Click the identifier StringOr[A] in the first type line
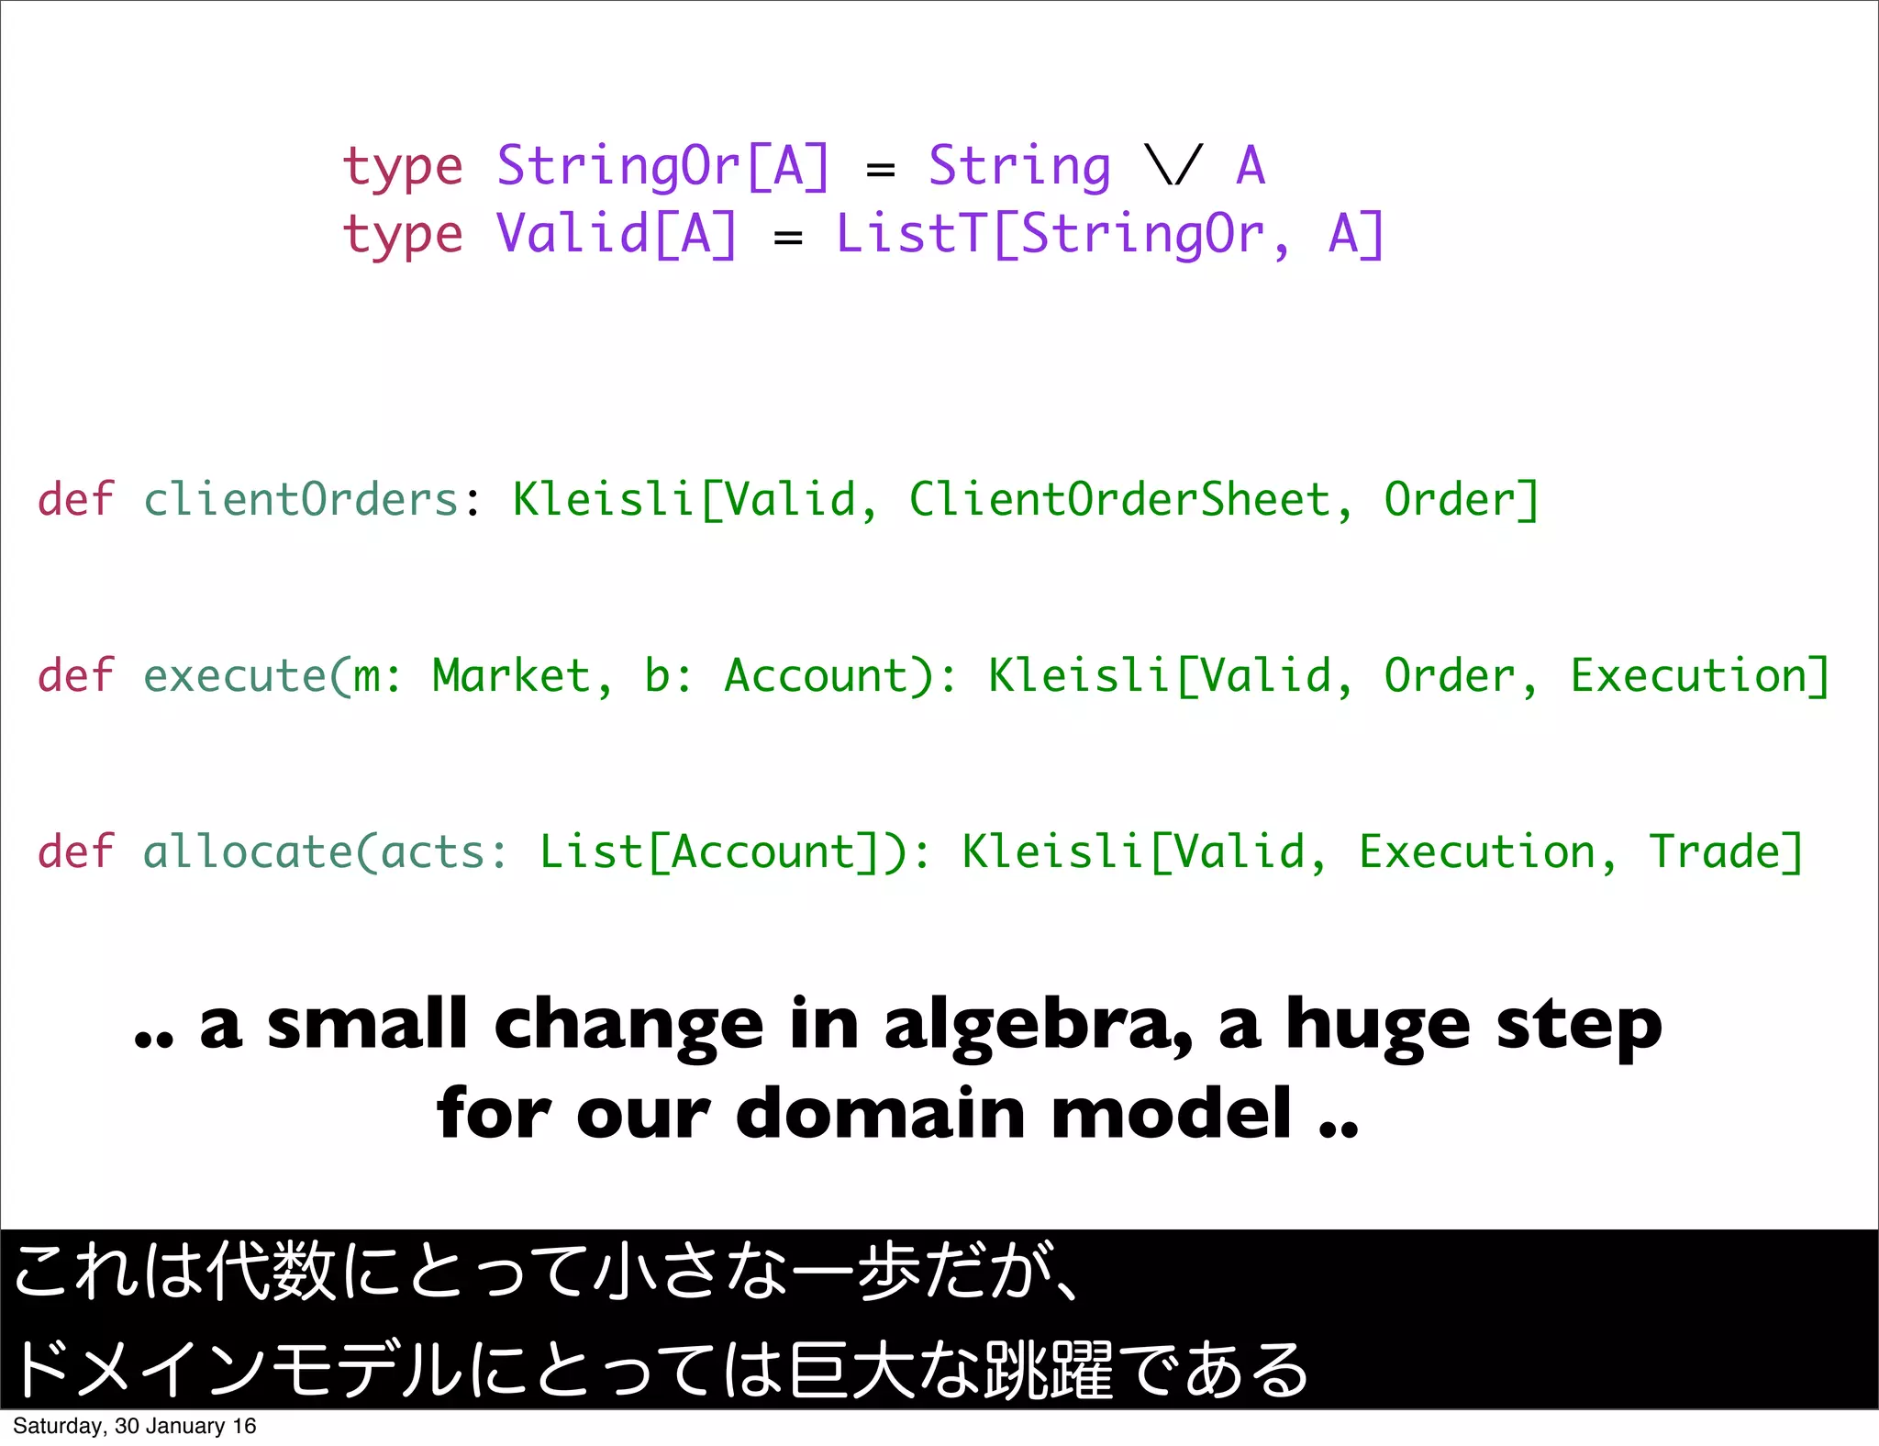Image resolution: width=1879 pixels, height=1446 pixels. click(x=662, y=167)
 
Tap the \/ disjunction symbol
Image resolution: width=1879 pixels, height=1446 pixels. click(x=1173, y=167)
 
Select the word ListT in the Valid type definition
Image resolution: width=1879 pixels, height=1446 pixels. click(x=912, y=235)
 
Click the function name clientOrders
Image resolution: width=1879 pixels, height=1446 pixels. click(x=301, y=501)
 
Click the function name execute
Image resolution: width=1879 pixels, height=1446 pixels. click(x=235, y=677)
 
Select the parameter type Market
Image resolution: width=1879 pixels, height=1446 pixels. click(x=511, y=677)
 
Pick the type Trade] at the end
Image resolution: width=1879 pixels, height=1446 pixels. click(x=1726, y=853)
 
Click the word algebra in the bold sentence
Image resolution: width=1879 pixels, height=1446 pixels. click(x=1037, y=1026)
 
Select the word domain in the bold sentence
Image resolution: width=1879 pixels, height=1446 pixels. click(x=881, y=1114)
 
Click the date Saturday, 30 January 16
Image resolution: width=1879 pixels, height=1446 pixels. click(x=135, y=1426)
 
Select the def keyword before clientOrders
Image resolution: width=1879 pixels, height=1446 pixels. click(x=75, y=501)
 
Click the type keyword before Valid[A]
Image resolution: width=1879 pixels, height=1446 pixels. click(x=402, y=235)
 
